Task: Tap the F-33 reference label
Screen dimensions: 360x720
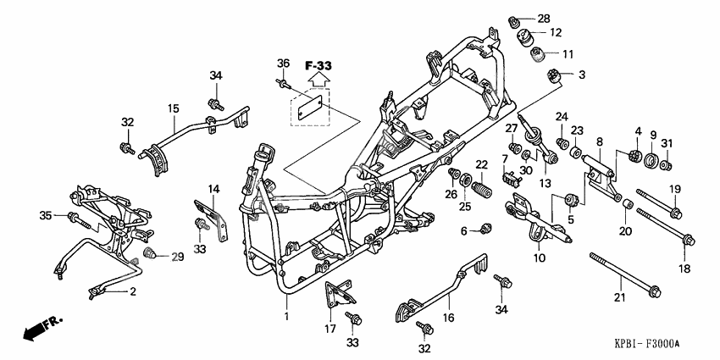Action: [318, 65]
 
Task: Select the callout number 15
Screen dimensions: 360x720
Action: [173, 108]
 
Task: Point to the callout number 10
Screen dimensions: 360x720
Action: [539, 258]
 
